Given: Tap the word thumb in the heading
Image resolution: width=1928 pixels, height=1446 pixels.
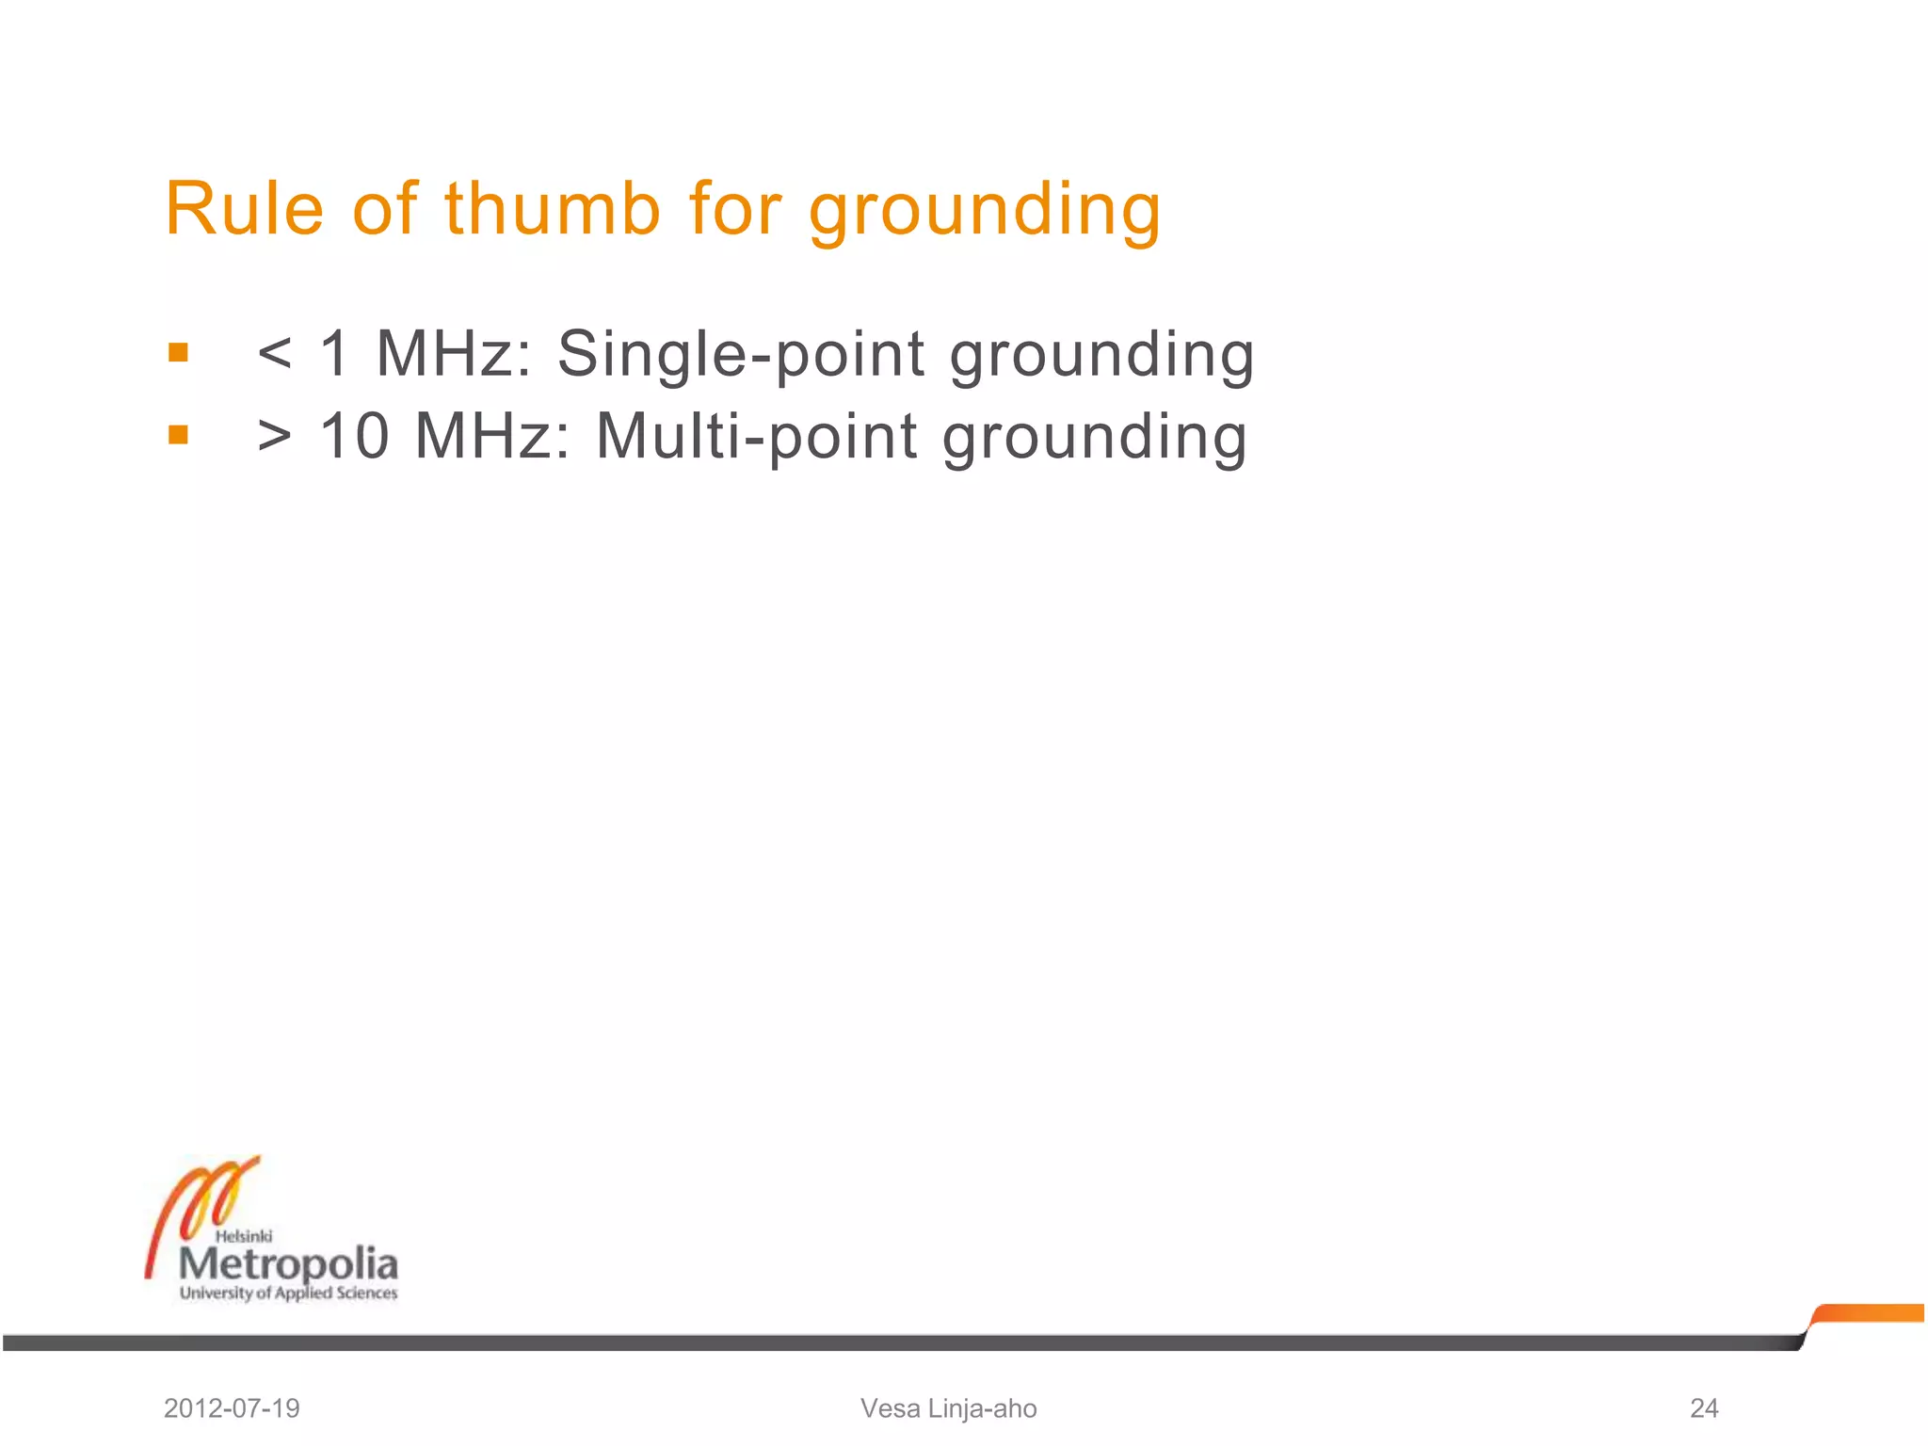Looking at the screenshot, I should [553, 208].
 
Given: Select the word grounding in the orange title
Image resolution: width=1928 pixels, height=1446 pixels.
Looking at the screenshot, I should [985, 211].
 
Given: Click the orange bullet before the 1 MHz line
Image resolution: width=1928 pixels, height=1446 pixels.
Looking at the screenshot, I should [178, 353].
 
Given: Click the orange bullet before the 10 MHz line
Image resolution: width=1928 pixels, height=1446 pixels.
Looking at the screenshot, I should [178, 435].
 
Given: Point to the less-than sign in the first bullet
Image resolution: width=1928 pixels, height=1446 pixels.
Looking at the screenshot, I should [274, 355].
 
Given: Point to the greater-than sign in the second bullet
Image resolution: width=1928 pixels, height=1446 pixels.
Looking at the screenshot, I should [274, 437].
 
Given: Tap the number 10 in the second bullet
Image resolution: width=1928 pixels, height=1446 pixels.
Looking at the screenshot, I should [354, 437].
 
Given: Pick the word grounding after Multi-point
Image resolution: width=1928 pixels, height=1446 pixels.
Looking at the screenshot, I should [1095, 440].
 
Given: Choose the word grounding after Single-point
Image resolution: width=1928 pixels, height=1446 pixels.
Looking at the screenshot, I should [1101, 358].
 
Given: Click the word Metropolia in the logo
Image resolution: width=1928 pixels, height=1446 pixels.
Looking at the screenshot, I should [288, 1264].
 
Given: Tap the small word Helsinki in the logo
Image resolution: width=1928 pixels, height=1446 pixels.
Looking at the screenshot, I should [244, 1236].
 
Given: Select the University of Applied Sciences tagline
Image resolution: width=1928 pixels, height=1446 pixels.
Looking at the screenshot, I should [288, 1293].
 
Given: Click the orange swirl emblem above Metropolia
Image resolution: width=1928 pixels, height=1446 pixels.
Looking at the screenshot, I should [202, 1205].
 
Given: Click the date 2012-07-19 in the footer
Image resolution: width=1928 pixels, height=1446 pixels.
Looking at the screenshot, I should [232, 1408].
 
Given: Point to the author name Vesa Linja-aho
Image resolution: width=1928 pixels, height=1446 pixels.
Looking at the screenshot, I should [948, 1408].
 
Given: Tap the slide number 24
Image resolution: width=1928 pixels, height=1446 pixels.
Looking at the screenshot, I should [1704, 1408].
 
